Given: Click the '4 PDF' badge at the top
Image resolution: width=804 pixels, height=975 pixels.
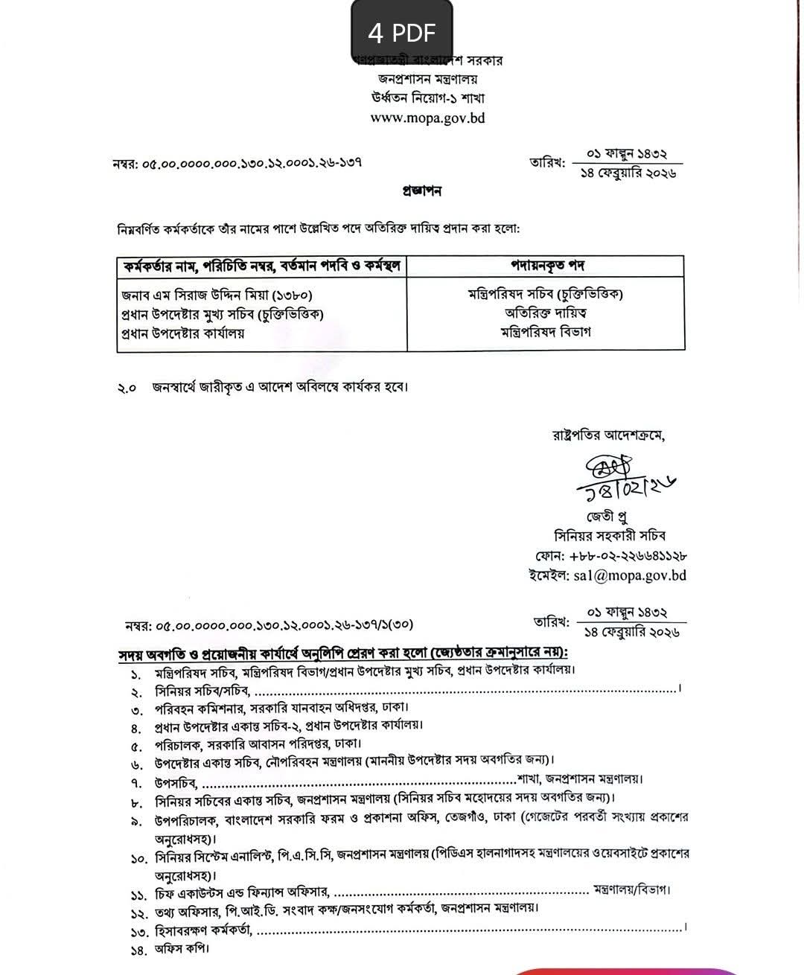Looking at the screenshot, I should coord(401,32).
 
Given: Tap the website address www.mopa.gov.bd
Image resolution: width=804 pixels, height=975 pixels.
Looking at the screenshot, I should coord(427,118).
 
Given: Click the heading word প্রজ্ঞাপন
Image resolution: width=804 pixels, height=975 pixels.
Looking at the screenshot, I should coord(421,191).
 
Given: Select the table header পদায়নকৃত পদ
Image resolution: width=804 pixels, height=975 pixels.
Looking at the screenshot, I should coord(546,266).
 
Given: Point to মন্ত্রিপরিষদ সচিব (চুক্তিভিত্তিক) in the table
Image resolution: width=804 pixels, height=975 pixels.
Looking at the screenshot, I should coord(546,293).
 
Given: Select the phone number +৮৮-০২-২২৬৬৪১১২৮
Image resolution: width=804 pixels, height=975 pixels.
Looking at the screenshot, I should coord(628,555).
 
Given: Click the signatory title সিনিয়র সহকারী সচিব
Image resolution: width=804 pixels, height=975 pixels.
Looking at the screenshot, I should coord(610,535).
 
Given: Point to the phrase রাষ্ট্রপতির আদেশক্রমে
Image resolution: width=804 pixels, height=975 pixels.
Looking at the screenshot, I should coord(608,435).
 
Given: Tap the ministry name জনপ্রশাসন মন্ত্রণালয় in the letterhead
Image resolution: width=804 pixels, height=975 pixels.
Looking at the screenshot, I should coord(427,79).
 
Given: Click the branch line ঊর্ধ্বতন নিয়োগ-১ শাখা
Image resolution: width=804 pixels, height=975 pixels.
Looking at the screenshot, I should coord(427,98).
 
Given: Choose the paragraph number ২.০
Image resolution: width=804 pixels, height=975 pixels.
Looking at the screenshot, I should coord(127,388).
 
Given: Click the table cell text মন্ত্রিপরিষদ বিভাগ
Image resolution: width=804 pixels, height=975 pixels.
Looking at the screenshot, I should coord(546,332).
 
